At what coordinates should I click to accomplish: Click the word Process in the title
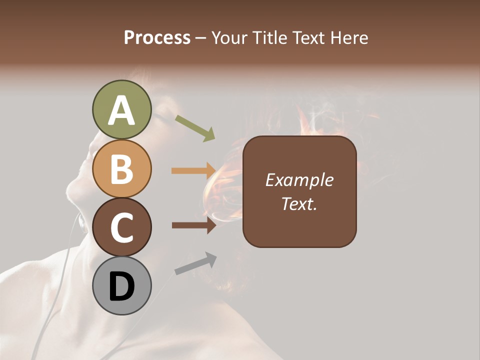[x=157, y=38]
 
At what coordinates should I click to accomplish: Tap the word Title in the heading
[x=269, y=38]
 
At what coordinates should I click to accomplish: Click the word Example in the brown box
[x=299, y=180]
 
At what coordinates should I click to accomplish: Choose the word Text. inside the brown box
[x=299, y=204]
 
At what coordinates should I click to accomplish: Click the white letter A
[x=121, y=111]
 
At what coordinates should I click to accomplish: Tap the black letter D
[x=121, y=287]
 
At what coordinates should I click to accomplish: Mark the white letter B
[x=121, y=169]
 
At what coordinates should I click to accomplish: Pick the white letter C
[x=121, y=227]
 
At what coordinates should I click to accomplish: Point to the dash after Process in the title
[x=201, y=39]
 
